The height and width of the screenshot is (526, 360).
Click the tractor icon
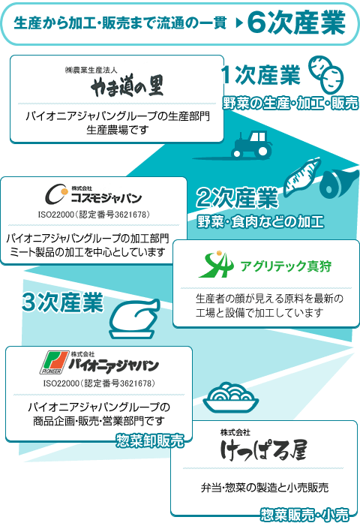[252, 145]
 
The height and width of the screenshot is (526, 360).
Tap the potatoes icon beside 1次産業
[325, 74]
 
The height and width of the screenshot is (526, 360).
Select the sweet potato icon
[302, 177]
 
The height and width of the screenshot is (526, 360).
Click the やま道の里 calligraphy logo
[127, 86]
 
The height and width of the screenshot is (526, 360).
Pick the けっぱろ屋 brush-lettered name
[263, 449]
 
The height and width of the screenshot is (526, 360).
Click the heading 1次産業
[261, 75]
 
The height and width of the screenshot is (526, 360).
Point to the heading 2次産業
[237, 197]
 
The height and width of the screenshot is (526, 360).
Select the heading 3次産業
[63, 302]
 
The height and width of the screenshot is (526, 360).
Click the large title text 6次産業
[296, 23]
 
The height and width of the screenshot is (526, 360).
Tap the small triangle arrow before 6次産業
[239, 23]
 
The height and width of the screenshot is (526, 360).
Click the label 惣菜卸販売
[150, 440]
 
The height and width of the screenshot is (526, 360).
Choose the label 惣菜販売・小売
[304, 515]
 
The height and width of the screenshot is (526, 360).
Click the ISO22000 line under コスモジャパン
[94, 215]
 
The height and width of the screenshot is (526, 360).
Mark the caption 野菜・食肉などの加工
[260, 222]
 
